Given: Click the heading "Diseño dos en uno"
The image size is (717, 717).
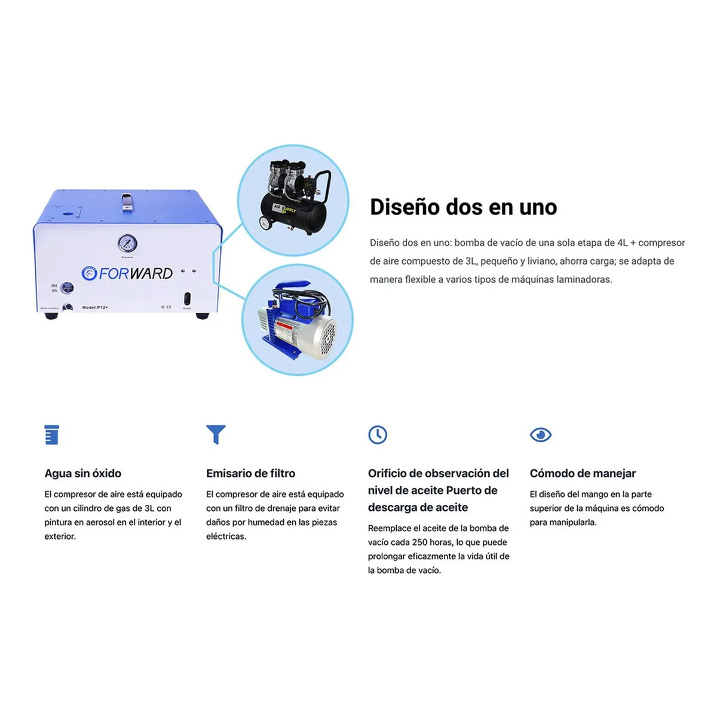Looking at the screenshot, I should click(x=463, y=207).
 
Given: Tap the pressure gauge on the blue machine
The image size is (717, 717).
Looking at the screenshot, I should click(x=127, y=243).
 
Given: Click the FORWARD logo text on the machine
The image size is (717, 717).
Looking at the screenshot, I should click(x=135, y=274).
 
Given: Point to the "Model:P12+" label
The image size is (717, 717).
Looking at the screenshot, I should click(x=95, y=307).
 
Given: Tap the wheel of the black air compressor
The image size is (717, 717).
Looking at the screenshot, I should click(x=264, y=223).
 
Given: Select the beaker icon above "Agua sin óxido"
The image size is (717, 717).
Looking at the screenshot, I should click(x=52, y=434).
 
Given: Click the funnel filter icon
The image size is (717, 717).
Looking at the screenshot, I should click(x=216, y=434).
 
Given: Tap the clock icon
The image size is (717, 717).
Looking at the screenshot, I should click(x=378, y=434).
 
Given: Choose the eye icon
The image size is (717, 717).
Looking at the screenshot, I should click(x=540, y=434).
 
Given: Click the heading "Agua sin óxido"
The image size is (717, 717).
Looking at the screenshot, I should click(x=82, y=473).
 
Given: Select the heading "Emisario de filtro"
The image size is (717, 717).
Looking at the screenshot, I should click(x=250, y=473).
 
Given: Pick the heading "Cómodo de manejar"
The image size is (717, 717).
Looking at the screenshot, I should click(x=583, y=473).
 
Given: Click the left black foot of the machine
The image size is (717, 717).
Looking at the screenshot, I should click(x=51, y=315).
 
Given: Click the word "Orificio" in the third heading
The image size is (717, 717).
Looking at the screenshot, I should click(x=387, y=473).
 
